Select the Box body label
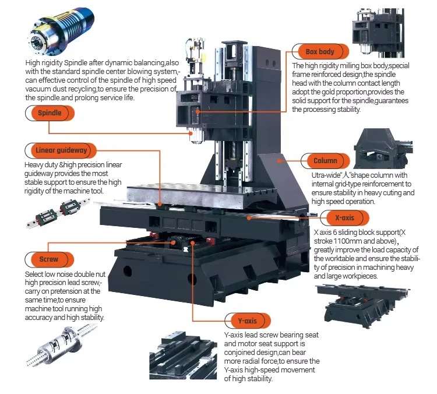(x=320, y=52)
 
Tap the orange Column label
(x=325, y=160)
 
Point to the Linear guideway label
(x=61, y=150)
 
